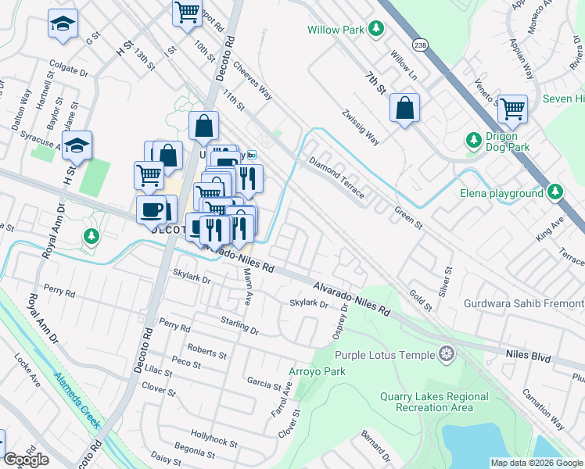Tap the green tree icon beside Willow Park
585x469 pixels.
(x=377, y=30)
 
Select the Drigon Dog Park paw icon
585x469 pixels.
(x=473, y=141)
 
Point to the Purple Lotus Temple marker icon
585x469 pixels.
(x=447, y=355)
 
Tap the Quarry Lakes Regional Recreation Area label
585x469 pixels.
(x=434, y=402)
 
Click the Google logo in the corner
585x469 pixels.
(x=27, y=460)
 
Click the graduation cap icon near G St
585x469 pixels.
(x=62, y=24)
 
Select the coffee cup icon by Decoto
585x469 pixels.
(x=151, y=209)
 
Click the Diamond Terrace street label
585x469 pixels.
(x=336, y=178)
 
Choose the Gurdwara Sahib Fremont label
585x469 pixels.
(x=523, y=303)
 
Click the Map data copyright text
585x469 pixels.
(x=536, y=463)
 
